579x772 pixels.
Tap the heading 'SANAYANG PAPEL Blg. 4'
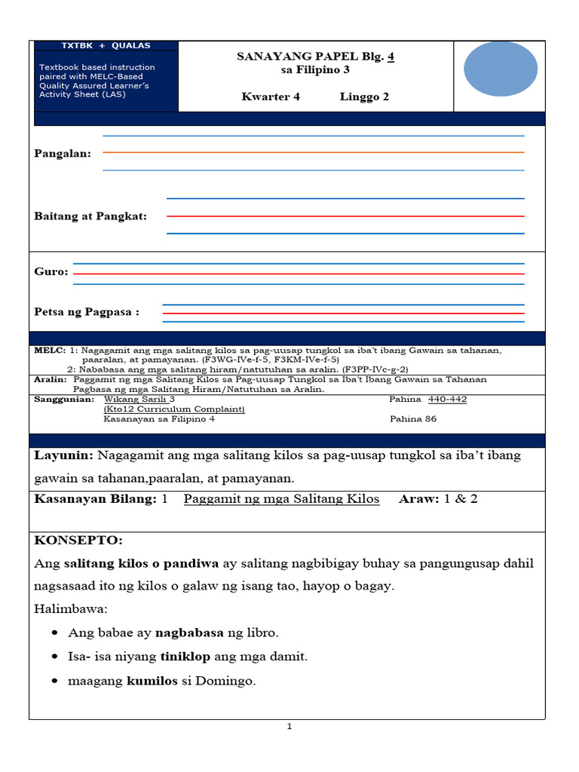316,57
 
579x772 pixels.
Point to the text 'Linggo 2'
364,96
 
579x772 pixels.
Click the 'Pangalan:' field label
63,154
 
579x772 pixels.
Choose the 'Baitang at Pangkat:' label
90,216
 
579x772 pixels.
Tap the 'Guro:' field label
51,271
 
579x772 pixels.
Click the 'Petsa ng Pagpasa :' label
87,312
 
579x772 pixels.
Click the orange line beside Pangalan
313,153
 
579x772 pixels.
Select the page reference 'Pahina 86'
412,419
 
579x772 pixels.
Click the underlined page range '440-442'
447,400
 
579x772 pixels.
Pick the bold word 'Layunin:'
64,456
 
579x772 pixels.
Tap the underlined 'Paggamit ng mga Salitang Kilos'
281,499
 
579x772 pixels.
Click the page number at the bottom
289,727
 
